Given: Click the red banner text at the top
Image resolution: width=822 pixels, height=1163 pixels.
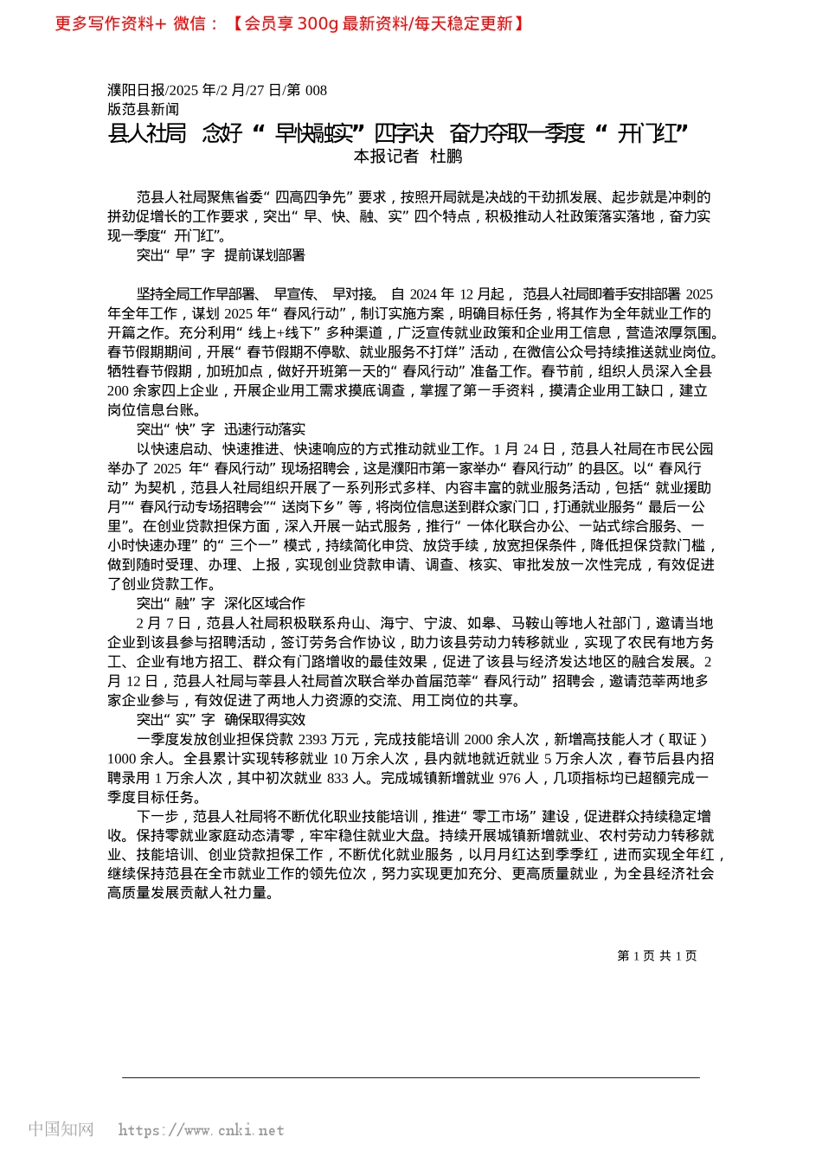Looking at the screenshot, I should click(x=290, y=23).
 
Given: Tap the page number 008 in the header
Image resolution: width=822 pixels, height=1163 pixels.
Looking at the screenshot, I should click(x=316, y=90).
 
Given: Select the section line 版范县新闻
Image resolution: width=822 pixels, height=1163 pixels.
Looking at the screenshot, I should click(x=144, y=109).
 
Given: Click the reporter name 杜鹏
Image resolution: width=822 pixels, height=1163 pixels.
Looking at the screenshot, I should click(x=446, y=156).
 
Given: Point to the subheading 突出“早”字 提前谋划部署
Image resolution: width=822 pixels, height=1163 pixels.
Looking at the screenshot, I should click(x=221, y=255).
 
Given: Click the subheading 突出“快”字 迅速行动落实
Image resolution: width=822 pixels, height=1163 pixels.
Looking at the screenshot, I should click(x=221, y=429).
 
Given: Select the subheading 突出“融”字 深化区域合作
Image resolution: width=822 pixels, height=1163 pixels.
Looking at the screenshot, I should click(x=221, y=603).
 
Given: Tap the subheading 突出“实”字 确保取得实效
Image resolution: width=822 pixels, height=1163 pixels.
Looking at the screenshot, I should click(x=221, y=719).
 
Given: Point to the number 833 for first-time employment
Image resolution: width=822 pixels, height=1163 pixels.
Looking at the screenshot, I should click(x=337, y=778).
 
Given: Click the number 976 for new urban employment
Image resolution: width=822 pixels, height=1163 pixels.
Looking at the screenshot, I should click(x=510, y=778).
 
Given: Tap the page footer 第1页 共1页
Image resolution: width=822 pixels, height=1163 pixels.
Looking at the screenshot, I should click(x=657, y=955).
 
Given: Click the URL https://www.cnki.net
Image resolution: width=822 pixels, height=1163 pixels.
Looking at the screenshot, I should click(x=201, y=1130).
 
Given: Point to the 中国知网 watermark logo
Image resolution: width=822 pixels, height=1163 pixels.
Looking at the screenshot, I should click(x=61, y=1129).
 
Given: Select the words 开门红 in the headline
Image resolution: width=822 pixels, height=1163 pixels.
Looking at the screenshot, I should click(x=653, y=133).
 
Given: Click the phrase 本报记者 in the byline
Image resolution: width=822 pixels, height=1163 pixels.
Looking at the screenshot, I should click(x=386, y=156).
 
